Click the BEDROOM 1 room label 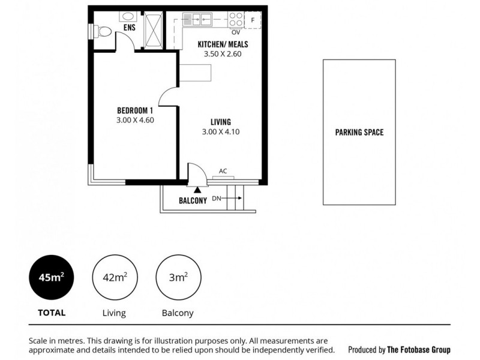(136, 110)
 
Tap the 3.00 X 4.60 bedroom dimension (136, 121)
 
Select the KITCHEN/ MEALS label (223, 44)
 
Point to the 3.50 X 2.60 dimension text (223, 54)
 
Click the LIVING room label (221, 122)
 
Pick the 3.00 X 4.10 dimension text (221, 132)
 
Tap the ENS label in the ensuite (128, 28)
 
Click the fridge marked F (253, 20)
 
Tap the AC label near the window (223, 171)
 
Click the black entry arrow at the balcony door (196, 190)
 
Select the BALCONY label (193, 201)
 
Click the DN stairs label (217, 198)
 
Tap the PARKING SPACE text (359, 132)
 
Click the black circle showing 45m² (53, 278)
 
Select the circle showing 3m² (177, 278)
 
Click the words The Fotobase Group (419, 350)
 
